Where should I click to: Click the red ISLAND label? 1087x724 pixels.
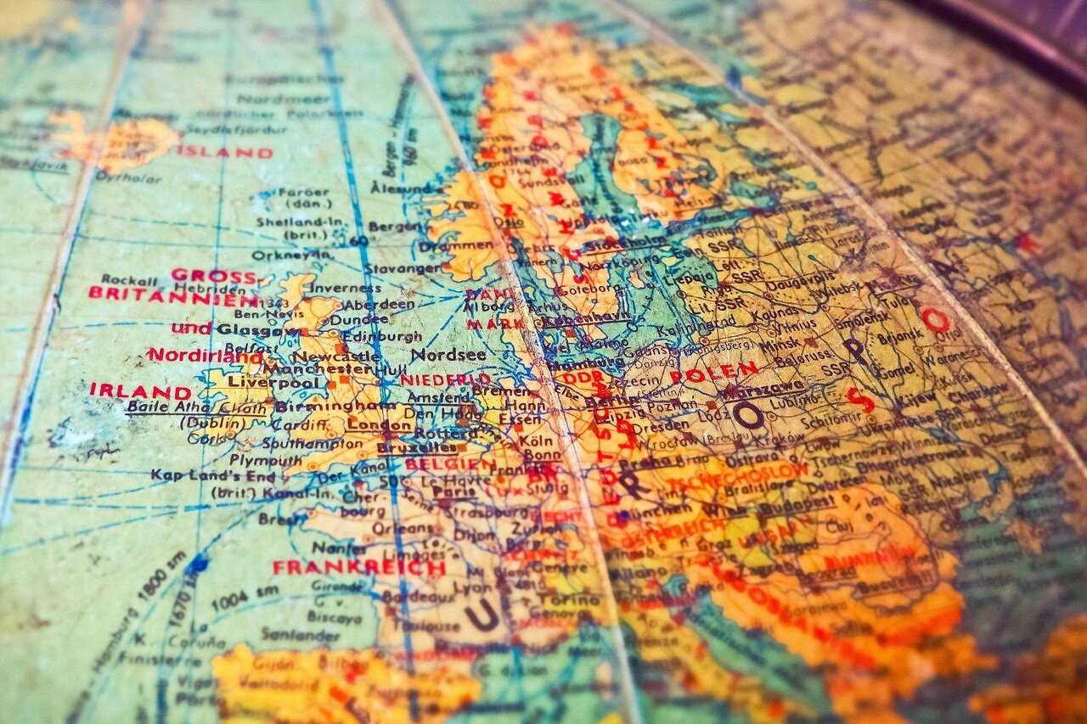coord(225,153)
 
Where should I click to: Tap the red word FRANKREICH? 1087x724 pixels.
coord(358,568)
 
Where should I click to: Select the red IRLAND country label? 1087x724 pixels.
coord(140,391)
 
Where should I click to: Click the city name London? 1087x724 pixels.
coord(369,424)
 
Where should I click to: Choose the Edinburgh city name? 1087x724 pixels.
coord(368,336)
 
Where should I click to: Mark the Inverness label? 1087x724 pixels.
coord(344,288)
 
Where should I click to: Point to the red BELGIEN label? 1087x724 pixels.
coord(449,465)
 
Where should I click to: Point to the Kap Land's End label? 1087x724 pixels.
coord(213,475)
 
